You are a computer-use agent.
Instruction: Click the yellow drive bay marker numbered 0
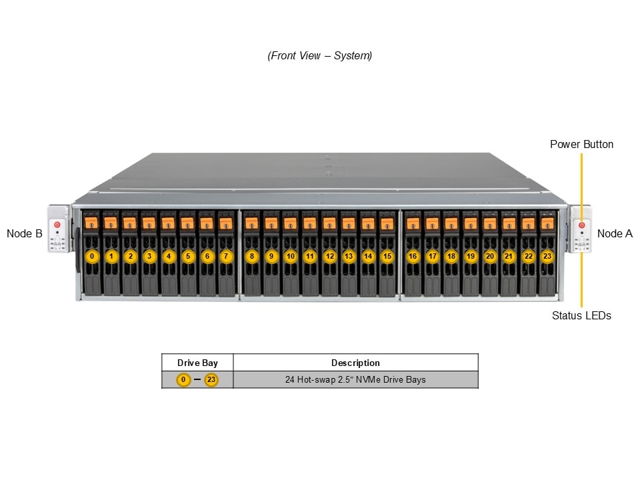(x=93, y=256)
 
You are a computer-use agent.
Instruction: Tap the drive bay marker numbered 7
(x=226, y=256)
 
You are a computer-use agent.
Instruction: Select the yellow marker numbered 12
(x=329, y=256)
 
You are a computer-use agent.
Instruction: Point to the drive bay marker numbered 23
(x=547, y=256)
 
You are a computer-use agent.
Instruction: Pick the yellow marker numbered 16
(x=413, y=256)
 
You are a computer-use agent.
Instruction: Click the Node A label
(x=615, y=233)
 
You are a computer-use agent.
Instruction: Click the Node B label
(x=25, y=233)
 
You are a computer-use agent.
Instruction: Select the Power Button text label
(x=581, y=144)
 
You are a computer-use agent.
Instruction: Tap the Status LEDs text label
(x=581, y=315)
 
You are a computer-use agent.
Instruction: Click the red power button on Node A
(x=581, y=225)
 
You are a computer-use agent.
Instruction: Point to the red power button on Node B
(x=57, y=225)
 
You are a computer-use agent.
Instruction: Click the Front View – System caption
(x=320, y=56)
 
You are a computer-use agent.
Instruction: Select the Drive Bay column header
(x=197, y=363)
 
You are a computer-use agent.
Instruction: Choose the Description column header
(x=355, y=363)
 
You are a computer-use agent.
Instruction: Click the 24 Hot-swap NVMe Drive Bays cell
(x=355, y=380)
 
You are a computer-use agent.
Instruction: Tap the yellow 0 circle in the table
(x=183, y=380)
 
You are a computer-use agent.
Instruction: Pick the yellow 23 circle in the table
(x=211, y=380)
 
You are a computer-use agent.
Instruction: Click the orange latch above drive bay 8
(x=251, y=223)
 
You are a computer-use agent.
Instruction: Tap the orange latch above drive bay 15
(x=387, y=223)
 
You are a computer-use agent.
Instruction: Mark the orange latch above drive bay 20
(x=490, y=223)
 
